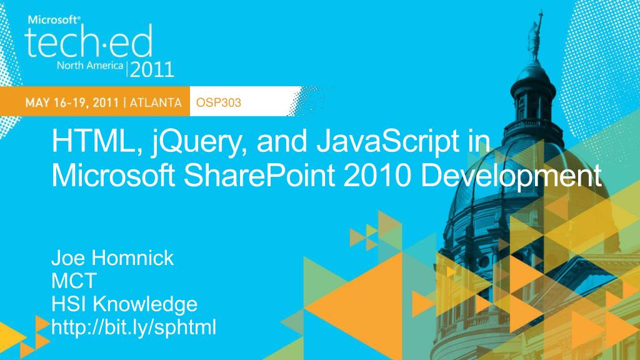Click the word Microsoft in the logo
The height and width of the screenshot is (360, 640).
[x=54, y=19]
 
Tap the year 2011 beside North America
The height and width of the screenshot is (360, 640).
[x=152, y=69]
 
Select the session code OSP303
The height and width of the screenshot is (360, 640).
[x=218, y=102]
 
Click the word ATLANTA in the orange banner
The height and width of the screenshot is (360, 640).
[x=156, y=102]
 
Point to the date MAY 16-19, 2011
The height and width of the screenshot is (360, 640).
[x=72, y=102]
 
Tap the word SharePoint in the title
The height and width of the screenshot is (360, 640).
[x=259, y=176]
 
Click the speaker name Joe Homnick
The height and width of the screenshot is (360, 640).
[x=112, y=258]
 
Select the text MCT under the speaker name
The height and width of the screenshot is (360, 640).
[x=74, y=281]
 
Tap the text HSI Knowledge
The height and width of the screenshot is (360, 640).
[x=124, y=304]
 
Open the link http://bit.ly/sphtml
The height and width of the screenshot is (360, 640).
[x=134, y=327]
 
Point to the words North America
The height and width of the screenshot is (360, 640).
[x=90, y=65]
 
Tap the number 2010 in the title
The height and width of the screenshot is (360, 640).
[x=377, y=176]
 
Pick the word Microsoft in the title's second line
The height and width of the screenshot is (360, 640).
[x=114, y=176]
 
